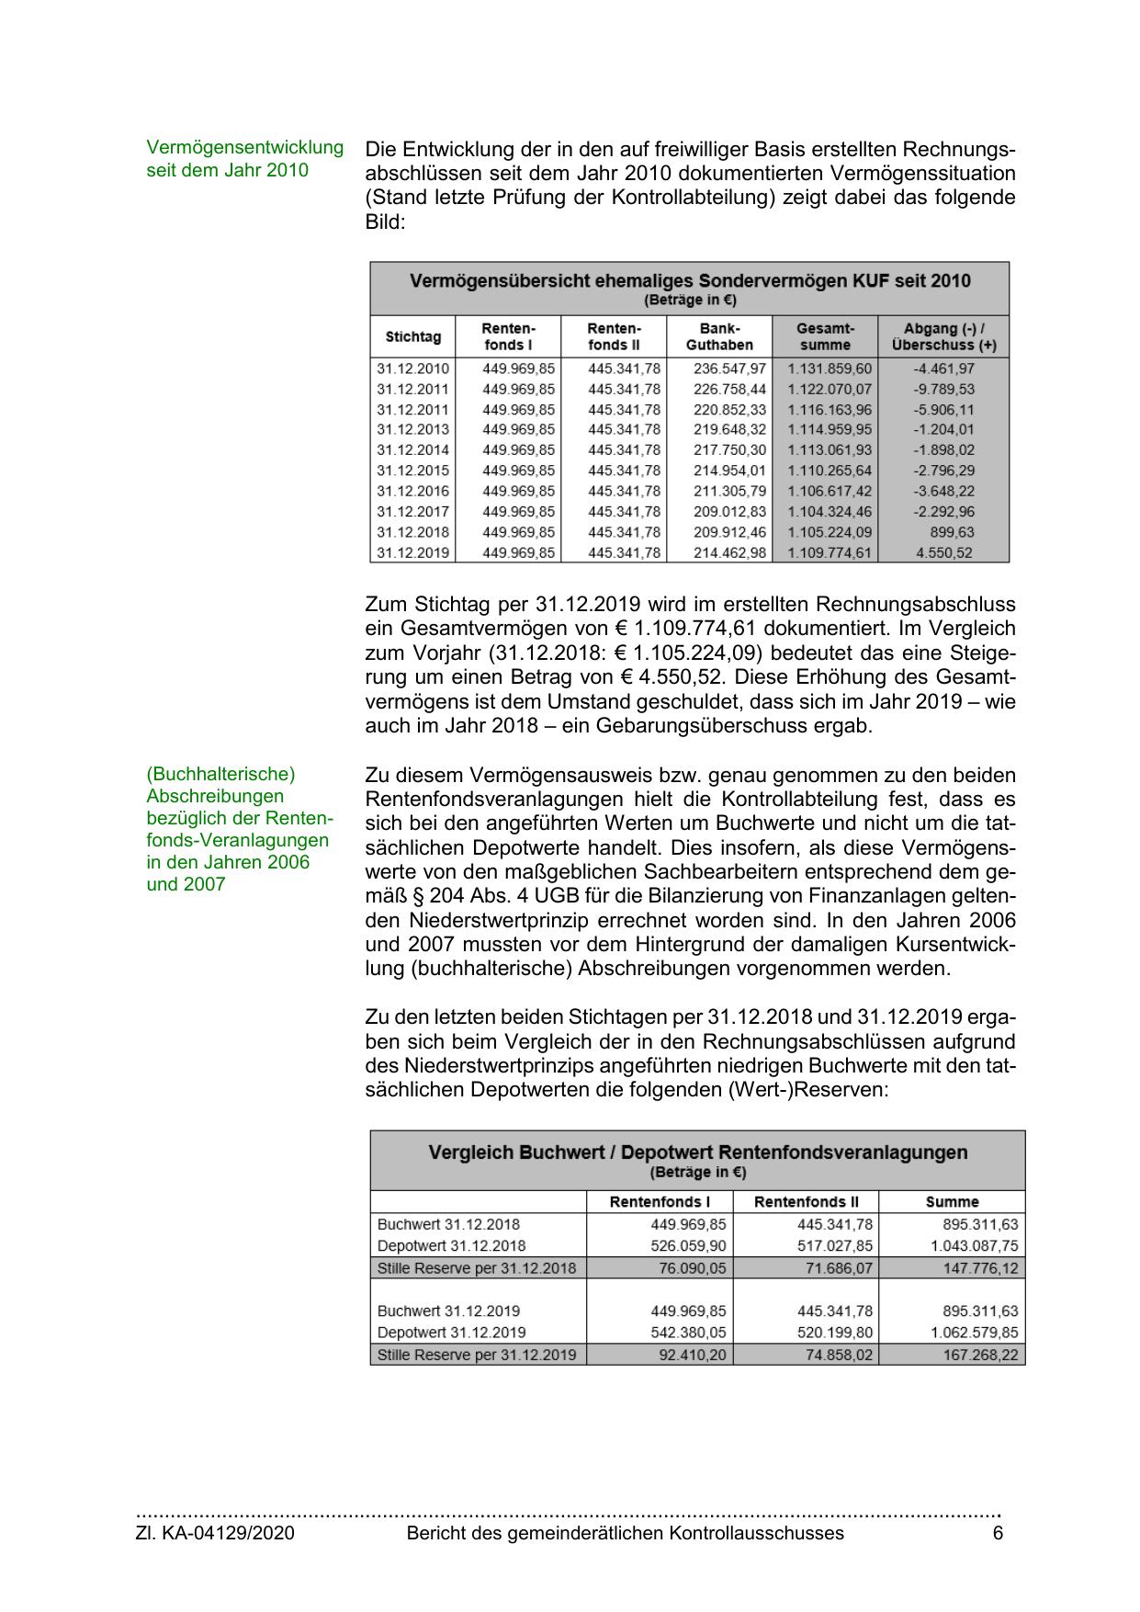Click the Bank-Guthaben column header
(x=719, y=336)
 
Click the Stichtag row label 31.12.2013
(x=412, y=429)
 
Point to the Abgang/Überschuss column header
(x=943, y=336)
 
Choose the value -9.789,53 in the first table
(x=943, y=389)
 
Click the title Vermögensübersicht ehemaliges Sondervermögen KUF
(x=689, y=280)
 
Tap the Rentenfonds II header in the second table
(x=806, y=1201)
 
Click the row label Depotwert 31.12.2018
(x=451, y=1245)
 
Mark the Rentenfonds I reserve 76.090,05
(x=693, y=1267)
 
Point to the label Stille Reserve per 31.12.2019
(x=477, y=1355)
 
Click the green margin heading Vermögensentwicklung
(x=244, y=147)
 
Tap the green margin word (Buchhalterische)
(x=220, y=774)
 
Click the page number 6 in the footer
(x=998, y=1532)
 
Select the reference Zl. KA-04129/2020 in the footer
(x=215, y=1532)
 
